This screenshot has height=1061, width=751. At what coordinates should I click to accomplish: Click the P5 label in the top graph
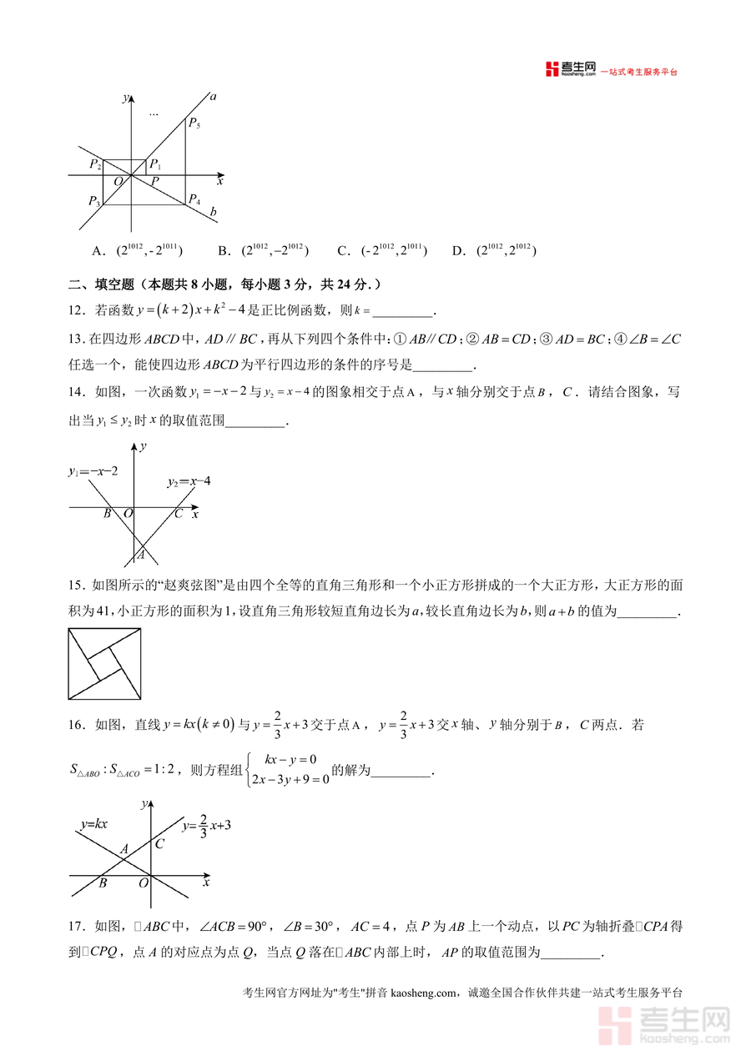click(x=194, y=124)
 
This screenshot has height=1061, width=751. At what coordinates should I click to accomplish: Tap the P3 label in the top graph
click(x=94, y=201)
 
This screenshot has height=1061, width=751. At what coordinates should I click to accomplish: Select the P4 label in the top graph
click(x=194, y=199)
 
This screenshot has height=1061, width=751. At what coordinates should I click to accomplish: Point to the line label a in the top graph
click(x=213, y=97)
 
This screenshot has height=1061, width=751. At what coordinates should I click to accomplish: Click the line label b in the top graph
click(x=214, y=213)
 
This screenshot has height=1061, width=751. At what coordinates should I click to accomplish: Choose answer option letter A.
click(x=98, y=251)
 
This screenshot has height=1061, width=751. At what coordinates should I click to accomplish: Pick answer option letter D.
click(x=456, y=251)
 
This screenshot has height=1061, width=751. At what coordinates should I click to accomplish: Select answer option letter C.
click(x=343, y=251)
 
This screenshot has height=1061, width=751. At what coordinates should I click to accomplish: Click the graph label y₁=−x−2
click(x=93, y=472)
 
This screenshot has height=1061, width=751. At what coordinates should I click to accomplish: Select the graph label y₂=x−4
click(x=189, y=482)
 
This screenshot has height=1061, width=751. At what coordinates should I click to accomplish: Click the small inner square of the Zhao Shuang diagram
click(x=104, y=664)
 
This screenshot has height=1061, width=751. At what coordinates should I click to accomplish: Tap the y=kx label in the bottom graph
click(x=94, y=824)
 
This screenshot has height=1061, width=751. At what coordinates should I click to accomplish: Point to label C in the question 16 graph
click(x=159, y=843)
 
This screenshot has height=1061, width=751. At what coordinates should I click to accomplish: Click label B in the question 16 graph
click(x=103, y=883)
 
